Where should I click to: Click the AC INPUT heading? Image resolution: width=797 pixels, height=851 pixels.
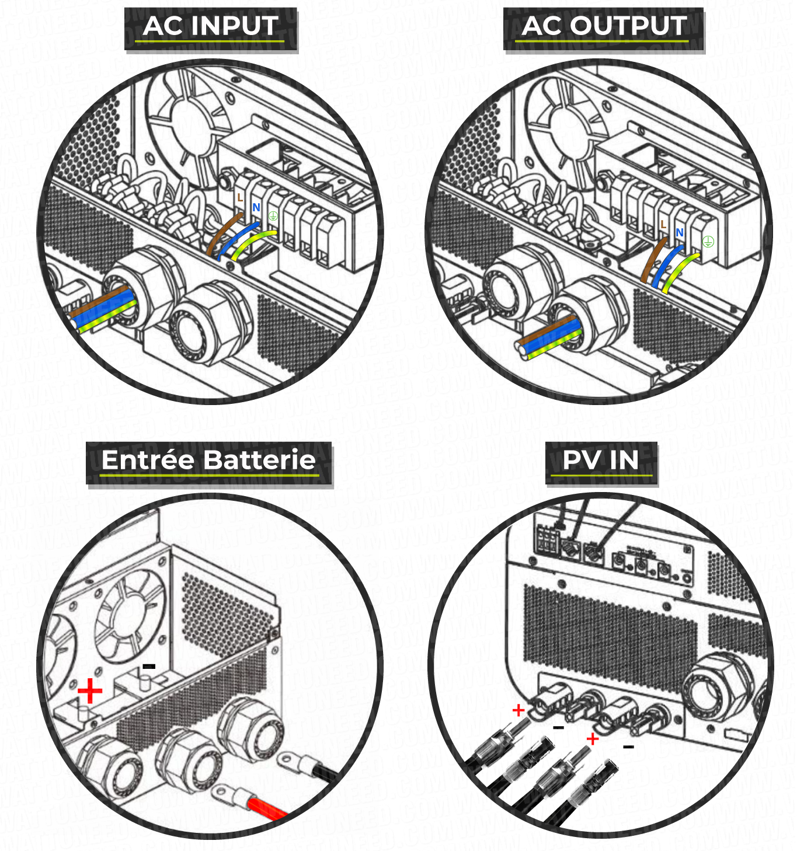(210, 27)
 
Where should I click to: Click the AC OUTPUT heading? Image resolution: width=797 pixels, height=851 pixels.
(604, 27)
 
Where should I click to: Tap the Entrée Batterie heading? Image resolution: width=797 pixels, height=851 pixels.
(208, 461)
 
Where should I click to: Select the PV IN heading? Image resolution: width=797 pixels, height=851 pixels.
(600, 461)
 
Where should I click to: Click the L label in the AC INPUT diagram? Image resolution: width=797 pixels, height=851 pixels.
(240, 198)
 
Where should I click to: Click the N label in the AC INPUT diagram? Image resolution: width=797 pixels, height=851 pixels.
(256, 207)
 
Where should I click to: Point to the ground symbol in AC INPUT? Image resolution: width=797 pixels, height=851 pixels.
(273, 217)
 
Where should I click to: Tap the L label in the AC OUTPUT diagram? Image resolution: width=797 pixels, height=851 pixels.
(663, 225)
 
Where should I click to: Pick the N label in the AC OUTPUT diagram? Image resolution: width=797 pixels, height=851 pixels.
(679, 232)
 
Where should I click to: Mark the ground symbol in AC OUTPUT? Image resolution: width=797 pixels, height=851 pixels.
(708, 241)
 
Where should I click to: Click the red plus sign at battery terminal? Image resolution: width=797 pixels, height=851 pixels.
(90, 691)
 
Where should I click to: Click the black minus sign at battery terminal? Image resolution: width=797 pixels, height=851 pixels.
(149, 666)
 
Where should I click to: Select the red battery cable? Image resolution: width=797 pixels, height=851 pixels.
(266, 808)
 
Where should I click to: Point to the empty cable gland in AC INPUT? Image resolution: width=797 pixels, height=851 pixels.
(210, 322)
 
